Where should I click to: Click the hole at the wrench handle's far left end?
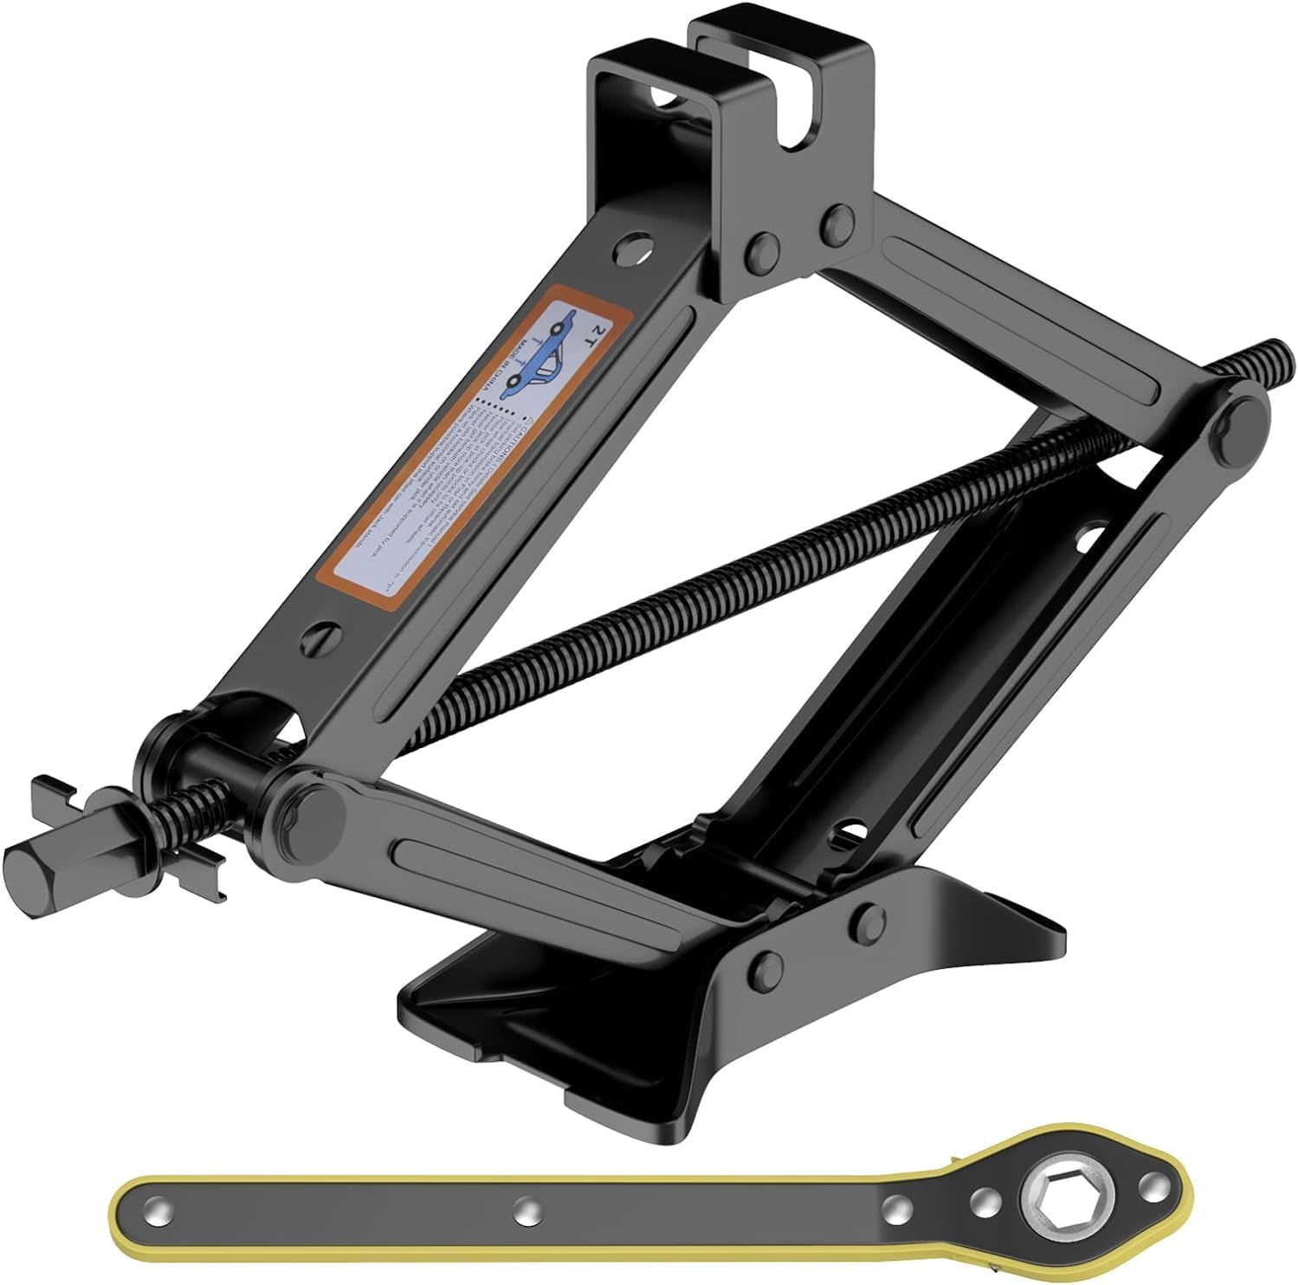click(156, 1207)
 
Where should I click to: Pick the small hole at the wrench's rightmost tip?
click(1151, 1183)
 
